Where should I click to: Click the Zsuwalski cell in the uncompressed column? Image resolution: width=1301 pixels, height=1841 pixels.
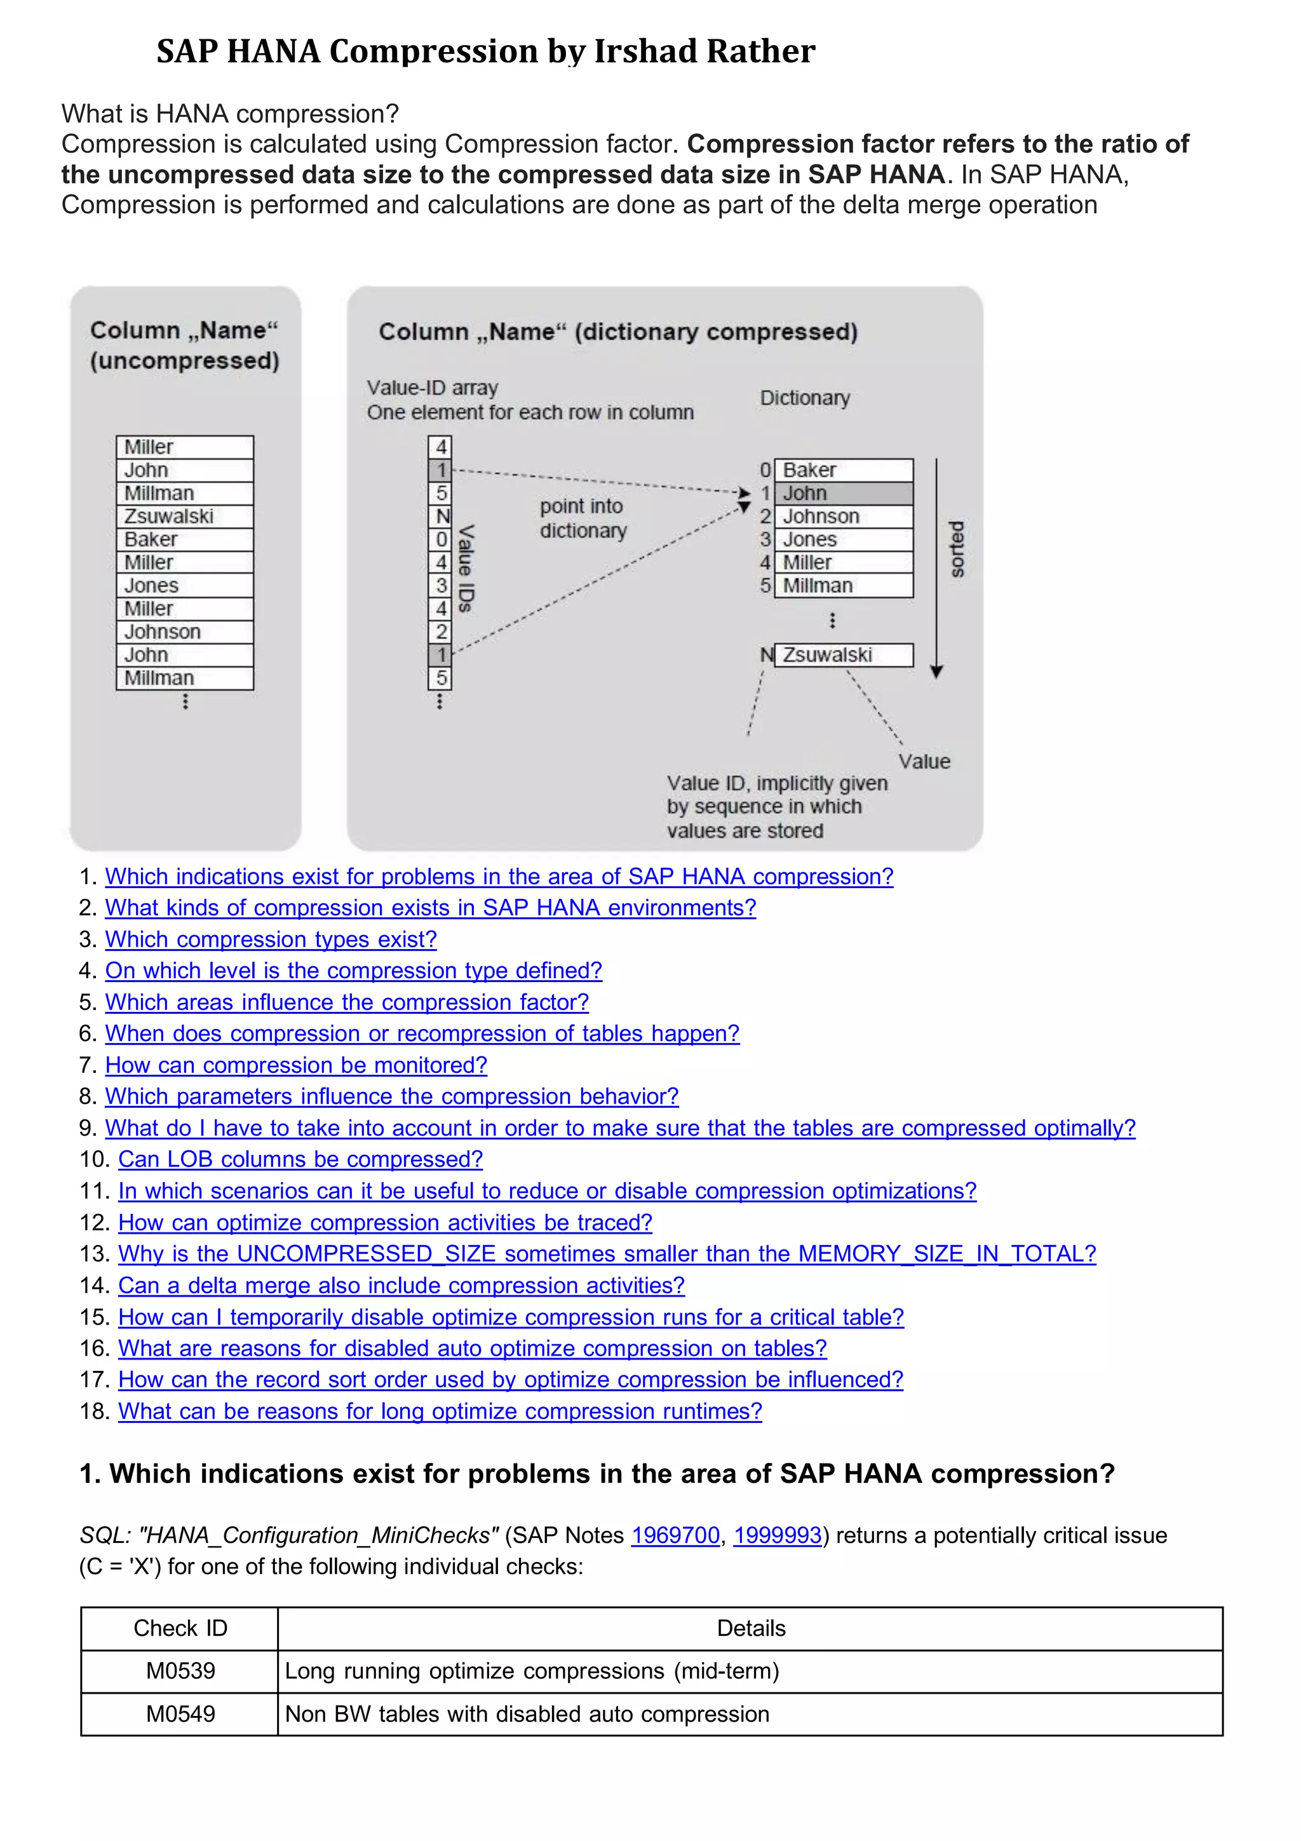(x=184, y=516)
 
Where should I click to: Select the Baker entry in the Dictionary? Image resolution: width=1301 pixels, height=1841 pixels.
(x=843, y=470)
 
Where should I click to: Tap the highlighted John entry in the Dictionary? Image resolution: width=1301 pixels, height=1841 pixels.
(x=843, y=493)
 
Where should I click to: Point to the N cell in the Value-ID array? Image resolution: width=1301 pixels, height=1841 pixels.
(x=441, y=516)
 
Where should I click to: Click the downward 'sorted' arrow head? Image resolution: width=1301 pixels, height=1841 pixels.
(x=936, y=672)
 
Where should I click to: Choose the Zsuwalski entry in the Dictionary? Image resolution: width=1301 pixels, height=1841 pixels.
(x=843, y=655)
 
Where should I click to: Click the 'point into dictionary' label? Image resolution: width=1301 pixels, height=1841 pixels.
(x=582, y=518)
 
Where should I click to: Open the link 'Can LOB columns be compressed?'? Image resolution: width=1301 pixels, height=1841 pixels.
(x=300, y=1159)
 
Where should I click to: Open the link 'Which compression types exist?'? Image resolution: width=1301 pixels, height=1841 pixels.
(x=271, y=939)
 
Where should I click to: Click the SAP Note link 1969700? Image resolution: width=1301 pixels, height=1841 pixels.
(x=675, y=1535)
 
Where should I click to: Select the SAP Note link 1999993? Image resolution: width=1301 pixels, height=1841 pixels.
(x=778, y=1535)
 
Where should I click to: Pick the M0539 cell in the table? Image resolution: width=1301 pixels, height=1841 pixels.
(x=180, y=1671)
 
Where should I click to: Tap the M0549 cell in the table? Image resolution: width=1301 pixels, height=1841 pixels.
(x=180, y=1715)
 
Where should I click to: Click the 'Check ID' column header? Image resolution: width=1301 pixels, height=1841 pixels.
(x=180, y=1629)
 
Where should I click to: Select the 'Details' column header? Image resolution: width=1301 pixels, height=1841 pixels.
(x=751, y=1629)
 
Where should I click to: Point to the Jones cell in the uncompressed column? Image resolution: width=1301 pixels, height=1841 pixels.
(x=184, y=585)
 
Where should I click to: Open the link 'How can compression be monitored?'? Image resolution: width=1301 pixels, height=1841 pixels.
(x=296, y=1065)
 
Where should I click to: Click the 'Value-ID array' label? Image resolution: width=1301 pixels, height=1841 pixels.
(x=433, y=388)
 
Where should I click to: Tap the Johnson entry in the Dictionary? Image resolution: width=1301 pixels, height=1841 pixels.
(x=843, y=516)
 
